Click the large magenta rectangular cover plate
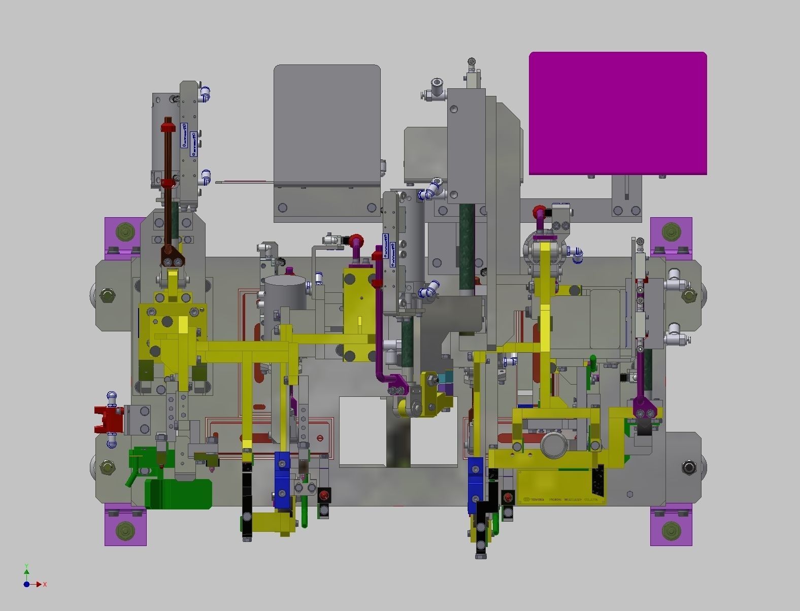pos(618,113)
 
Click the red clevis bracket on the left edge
pos(108,419)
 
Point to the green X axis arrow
pos(38,584)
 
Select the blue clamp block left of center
pos(282,479)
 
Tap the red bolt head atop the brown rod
pos(168,125)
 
